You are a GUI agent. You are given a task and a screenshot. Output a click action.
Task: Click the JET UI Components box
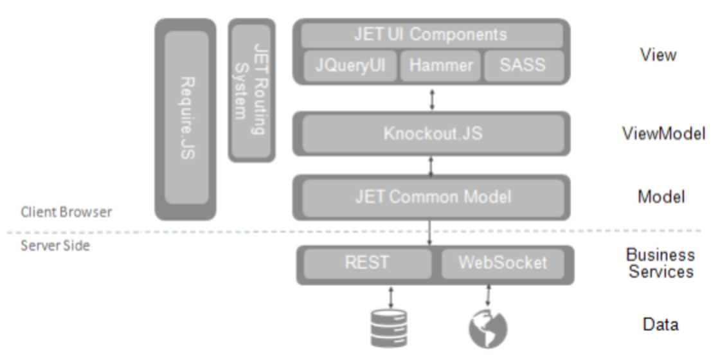coord(431,34)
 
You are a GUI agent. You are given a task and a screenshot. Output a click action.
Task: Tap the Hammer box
coord(440,66)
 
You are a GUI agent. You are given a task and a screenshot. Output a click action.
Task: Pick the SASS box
coord(524,66)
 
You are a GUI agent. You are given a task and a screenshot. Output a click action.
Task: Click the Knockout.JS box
coord(432,134)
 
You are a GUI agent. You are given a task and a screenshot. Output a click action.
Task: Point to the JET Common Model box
coord(432,197)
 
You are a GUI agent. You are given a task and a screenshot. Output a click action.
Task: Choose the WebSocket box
coord(503,264)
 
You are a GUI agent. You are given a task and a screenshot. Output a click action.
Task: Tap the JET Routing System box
coord(251,90)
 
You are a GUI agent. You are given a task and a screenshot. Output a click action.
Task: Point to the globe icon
coord(487,328)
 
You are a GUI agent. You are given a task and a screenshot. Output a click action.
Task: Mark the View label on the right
coord(658,55)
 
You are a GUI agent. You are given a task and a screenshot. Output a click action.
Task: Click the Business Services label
coord(661,264)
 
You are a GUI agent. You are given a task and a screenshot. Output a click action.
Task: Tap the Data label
coord(660,325)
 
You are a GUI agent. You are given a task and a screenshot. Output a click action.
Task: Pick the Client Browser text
coord(66,212)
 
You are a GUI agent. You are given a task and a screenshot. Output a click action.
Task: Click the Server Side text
coord(55,245)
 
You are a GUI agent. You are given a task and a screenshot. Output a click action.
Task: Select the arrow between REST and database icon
coord(390,296)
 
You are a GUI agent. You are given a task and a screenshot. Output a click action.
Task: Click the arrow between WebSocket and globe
coord(488,295)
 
